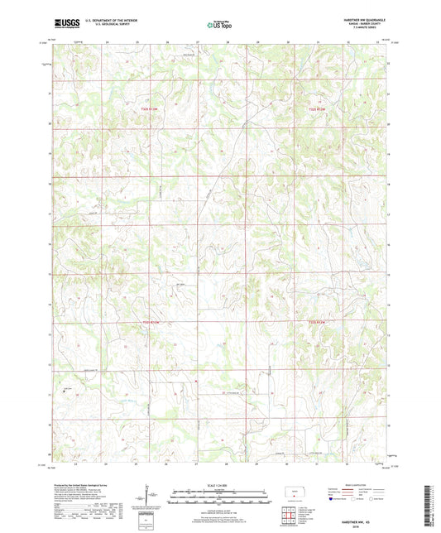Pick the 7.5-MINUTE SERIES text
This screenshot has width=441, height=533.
367,30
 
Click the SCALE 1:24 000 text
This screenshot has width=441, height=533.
219,484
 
